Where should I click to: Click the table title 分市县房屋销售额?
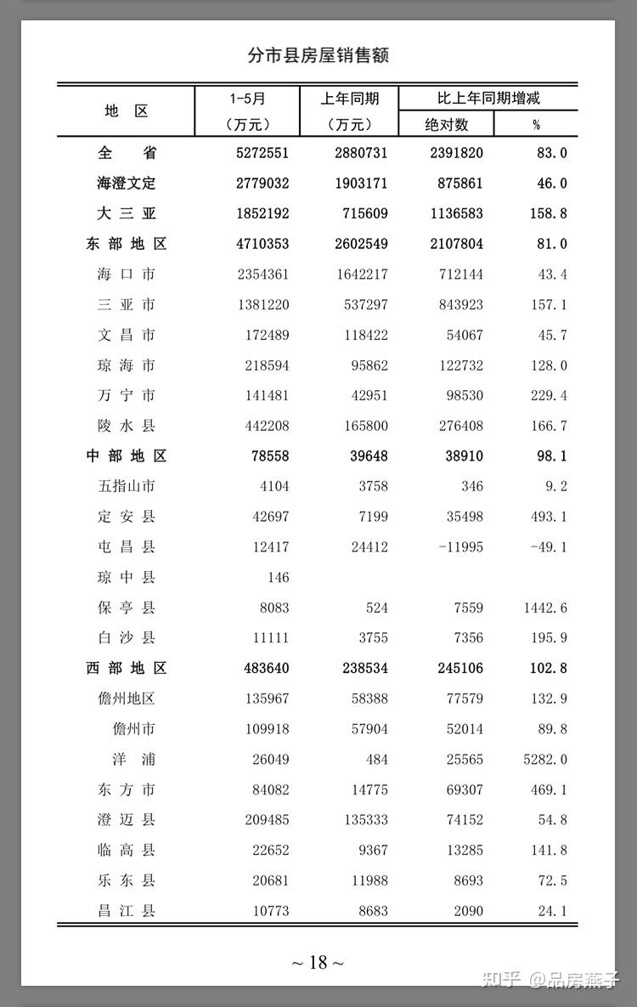click(x=318, y=55)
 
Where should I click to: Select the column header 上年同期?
click(x=349, y=98)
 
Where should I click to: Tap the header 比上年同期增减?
click(x=488, y=98)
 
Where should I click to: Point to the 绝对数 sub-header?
click(x=447, y=124)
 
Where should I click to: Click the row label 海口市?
click(x=127, y=274)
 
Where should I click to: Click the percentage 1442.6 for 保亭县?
click(x=545, y=608)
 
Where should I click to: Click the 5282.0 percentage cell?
click(x=545, y=759)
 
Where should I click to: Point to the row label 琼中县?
click(x=127, y=577)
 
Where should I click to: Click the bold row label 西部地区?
click(x=127, y=668)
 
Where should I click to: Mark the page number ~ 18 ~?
click(x=318, y=962)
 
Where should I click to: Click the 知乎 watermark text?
click(x=500, y=980)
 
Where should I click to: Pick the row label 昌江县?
click(x=127, y=911)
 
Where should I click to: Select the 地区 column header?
click(x=127, y=111)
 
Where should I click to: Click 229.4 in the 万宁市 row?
click(x=549, y=395)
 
